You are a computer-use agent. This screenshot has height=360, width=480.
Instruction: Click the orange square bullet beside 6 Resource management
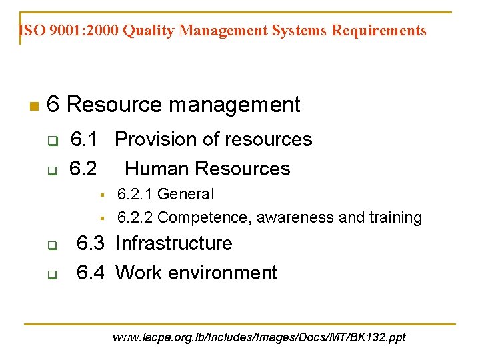tap(33, 106)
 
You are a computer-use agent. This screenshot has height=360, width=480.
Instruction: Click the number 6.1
tap(85, 139)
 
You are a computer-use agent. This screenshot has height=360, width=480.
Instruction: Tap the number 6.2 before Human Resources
tap(83, 169)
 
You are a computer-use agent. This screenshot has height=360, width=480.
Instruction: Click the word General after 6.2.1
tap(186, 195)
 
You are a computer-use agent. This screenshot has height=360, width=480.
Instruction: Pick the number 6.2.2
tap(135, 217)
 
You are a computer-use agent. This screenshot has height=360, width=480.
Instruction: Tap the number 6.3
tap(91, 243)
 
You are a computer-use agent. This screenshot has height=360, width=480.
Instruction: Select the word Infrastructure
tap(173, 243)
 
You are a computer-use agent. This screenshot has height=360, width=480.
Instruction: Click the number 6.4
tap(91, 273)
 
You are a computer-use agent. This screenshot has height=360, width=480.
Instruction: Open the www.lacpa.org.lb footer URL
tap(259, 337)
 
